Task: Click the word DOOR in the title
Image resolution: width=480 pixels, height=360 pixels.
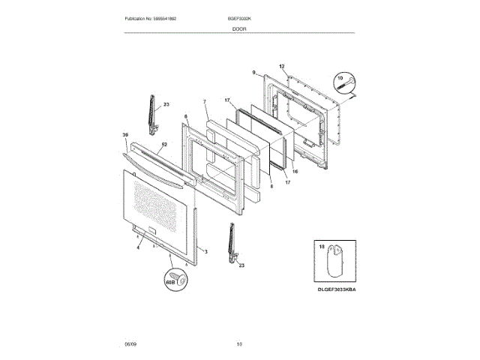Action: [240, 28]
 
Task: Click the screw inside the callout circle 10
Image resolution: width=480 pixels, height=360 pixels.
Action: [346, 87]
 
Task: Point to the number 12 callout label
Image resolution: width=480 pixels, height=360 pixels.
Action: [282, 66]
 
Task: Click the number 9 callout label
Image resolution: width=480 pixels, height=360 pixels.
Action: [254, 73]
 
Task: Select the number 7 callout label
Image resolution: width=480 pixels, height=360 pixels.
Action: [205, 101]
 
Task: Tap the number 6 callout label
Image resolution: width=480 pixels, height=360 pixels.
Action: [185, 116]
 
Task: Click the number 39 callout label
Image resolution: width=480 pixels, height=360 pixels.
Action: [125, 136]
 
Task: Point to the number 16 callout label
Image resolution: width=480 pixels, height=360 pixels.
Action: [295, 171]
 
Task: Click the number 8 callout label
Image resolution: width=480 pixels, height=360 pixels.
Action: [271, 177]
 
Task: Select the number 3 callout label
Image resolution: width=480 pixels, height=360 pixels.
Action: [206, 250]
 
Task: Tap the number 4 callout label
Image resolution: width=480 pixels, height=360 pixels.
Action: [138, 247]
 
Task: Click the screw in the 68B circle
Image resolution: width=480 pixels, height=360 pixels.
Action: [178, 278]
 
